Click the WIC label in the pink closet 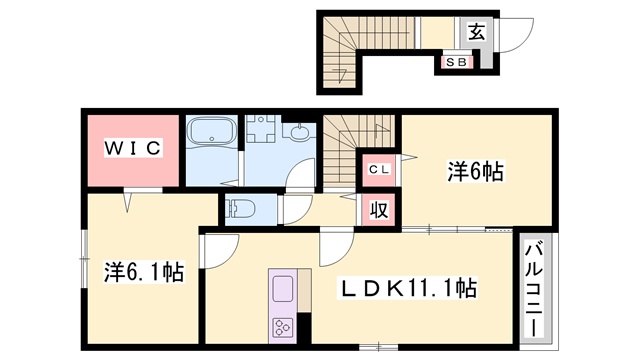(133, 148)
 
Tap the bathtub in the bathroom (212, 131)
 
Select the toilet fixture (241, 209)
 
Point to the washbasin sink (301, 131)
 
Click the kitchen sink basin (282, 289)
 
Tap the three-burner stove (282, 327)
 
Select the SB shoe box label (456, 62)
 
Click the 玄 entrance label (476, 32)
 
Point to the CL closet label (380, 169)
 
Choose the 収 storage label (379, 210)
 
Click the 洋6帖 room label (475, 171)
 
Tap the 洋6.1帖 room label (144, 272)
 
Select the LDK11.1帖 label (407, 288)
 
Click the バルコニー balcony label (534, 289)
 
